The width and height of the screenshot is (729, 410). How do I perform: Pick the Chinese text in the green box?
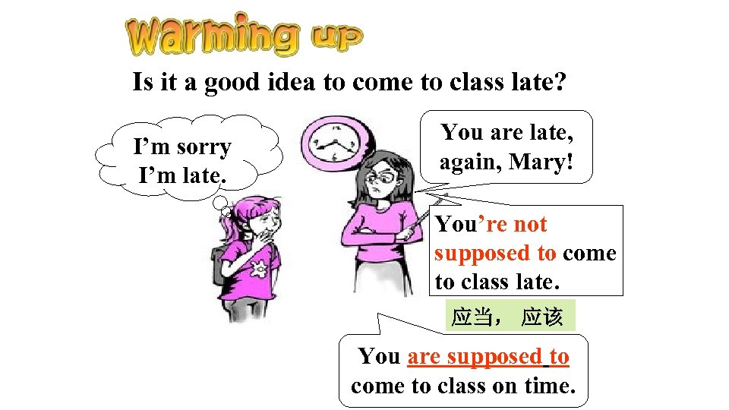(x=507, y=317)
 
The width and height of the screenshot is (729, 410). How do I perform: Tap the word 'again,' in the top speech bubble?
(x=464, y=162)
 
